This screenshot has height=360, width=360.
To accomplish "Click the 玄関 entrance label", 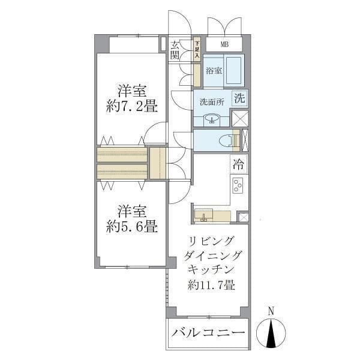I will [175, 50].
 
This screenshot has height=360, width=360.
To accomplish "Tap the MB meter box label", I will [224, 44].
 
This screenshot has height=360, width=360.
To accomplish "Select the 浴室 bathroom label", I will [214, 71].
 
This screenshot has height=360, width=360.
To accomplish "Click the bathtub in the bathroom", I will [233, 71].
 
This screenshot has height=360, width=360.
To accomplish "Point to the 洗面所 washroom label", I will [211, 101].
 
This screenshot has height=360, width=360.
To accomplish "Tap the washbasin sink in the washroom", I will [211, 118].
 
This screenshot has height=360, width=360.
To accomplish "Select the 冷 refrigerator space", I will [239, 163].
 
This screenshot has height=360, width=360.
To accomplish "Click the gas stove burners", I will [237, 186].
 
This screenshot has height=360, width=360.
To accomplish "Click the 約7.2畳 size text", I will [132, 107].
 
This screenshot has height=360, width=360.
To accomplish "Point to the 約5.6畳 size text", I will [132, 227].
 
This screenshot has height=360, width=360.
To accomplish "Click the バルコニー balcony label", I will [208, 333].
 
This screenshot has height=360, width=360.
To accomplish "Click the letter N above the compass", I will [271, 311].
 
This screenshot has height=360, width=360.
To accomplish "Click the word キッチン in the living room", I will [211, 269].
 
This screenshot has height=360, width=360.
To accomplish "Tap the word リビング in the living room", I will [211, 241].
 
